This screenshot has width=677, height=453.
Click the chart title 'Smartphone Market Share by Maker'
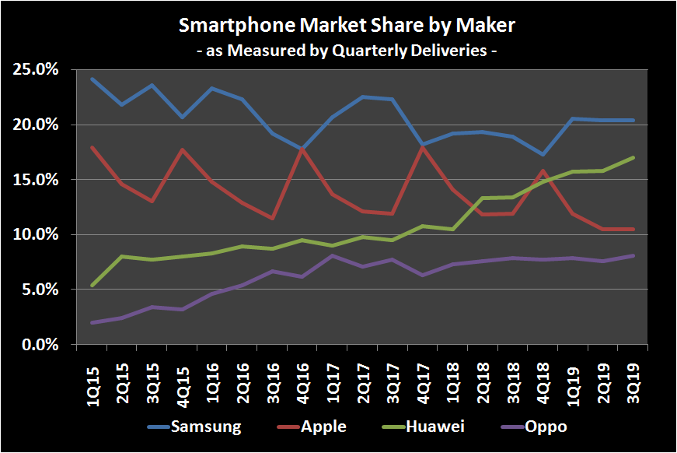pos(347,26)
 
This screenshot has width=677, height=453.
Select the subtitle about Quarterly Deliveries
pos(347,51)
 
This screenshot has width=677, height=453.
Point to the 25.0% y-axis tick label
pos(37,70)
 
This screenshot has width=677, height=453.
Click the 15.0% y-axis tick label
pos(37,180)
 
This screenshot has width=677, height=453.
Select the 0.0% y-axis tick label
pos(40,344)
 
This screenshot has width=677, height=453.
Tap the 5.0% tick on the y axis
pos(40,290)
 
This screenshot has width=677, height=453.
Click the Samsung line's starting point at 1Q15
pos(92,79)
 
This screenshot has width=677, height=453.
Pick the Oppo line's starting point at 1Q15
pos(92,322)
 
